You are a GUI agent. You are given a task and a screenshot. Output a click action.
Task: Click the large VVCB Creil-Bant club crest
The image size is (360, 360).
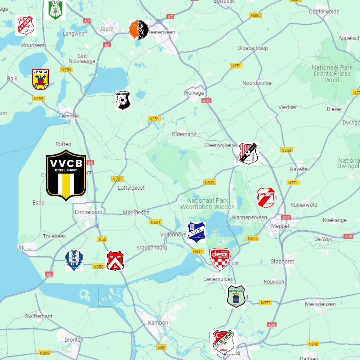click(x=66, y=175)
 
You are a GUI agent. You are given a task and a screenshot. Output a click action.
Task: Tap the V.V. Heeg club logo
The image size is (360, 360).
click(x=26, y=26)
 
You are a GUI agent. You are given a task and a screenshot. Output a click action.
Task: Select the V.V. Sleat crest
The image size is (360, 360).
click(x=41, y=79)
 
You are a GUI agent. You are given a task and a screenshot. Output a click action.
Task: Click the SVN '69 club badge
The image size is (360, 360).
click(x=266, y=198)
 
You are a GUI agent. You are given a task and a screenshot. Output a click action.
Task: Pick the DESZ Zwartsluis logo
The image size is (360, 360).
click(x=220, y=259)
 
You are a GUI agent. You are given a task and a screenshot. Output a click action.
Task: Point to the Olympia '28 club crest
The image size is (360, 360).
click(x=236, y=296)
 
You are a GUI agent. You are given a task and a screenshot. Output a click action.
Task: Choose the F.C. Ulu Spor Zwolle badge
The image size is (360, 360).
click(x=223, y=341)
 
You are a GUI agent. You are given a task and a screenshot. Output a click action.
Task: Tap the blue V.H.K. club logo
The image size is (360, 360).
click(x=196, y=232)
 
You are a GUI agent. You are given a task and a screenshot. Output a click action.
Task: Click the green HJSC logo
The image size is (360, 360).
click(x=55, y=9)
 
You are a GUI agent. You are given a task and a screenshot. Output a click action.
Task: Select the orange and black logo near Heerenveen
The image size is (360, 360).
click(x=139, y=30)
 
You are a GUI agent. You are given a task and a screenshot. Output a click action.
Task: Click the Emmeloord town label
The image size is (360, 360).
click(x=89, y=212)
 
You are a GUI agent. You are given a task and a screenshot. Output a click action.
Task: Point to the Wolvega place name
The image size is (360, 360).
click(x=194, y=93)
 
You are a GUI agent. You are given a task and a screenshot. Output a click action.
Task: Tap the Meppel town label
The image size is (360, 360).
click(x=280, y=226)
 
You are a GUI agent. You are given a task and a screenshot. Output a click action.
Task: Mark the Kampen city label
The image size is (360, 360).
click(x=158, y=323)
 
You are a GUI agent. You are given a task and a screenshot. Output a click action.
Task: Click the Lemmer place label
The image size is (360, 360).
click(x=69, y=116)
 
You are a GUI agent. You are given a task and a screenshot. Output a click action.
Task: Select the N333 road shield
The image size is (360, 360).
click(x=210, y=182)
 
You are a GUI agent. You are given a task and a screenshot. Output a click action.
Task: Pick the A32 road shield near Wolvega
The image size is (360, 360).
click(x=206, y=100)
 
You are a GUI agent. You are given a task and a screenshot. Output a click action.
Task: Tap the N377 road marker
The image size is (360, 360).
click(x=265, y=303)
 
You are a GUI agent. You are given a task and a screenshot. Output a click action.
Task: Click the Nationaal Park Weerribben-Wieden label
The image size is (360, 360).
click(x=208, y=204)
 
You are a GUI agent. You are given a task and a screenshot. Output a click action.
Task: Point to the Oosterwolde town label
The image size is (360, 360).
click(x=324, y=12)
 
